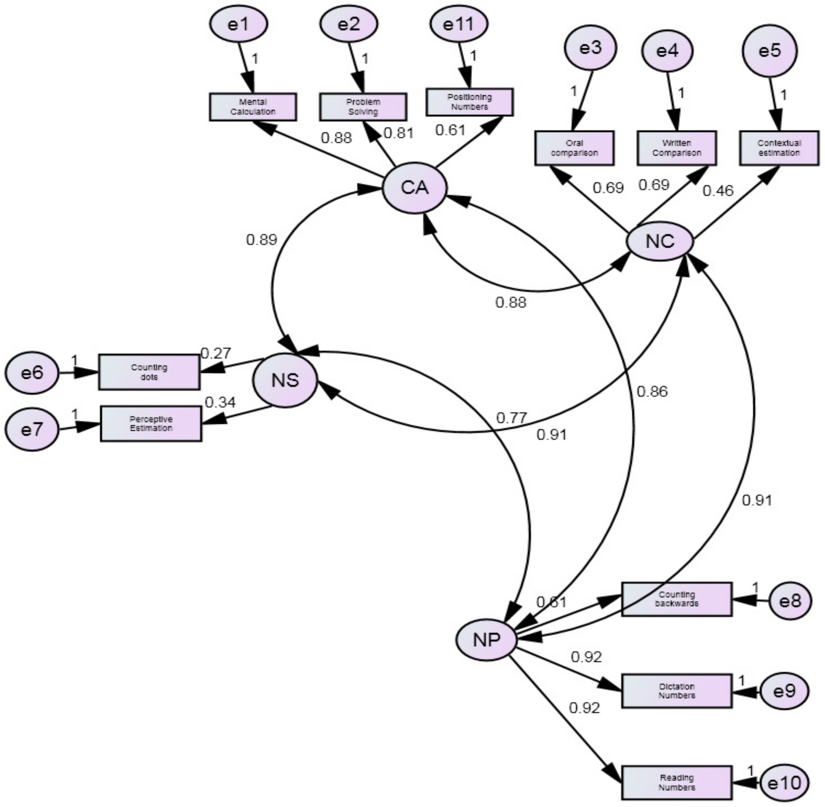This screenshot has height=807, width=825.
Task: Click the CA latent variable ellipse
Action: click(415, 187)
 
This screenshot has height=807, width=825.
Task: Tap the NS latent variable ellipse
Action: click(285, 380)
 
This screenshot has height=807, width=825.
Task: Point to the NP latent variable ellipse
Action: click(486, 639)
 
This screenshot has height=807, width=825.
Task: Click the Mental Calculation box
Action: click(253, 107)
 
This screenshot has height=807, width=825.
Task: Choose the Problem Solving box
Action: click(363, 107)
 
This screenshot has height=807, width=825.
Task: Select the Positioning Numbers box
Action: click(469, 102)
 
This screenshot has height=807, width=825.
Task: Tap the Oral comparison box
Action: click(574, 148)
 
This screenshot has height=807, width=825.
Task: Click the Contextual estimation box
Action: click(779, 148)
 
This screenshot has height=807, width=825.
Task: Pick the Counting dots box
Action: click(149, 372)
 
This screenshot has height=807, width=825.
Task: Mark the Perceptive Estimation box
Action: click(151, 424)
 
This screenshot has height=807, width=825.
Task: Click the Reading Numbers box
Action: click(677, 782)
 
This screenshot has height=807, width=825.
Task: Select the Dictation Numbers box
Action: click(677, 691)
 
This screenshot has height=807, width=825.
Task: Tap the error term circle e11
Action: click(459, 24)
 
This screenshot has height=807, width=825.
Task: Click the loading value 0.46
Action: click(718, 191)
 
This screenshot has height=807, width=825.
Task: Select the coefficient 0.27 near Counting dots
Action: click(216, 353)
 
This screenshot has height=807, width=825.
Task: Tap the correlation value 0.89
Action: click(262, 240)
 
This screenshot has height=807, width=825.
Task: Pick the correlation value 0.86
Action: click(652, 392)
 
